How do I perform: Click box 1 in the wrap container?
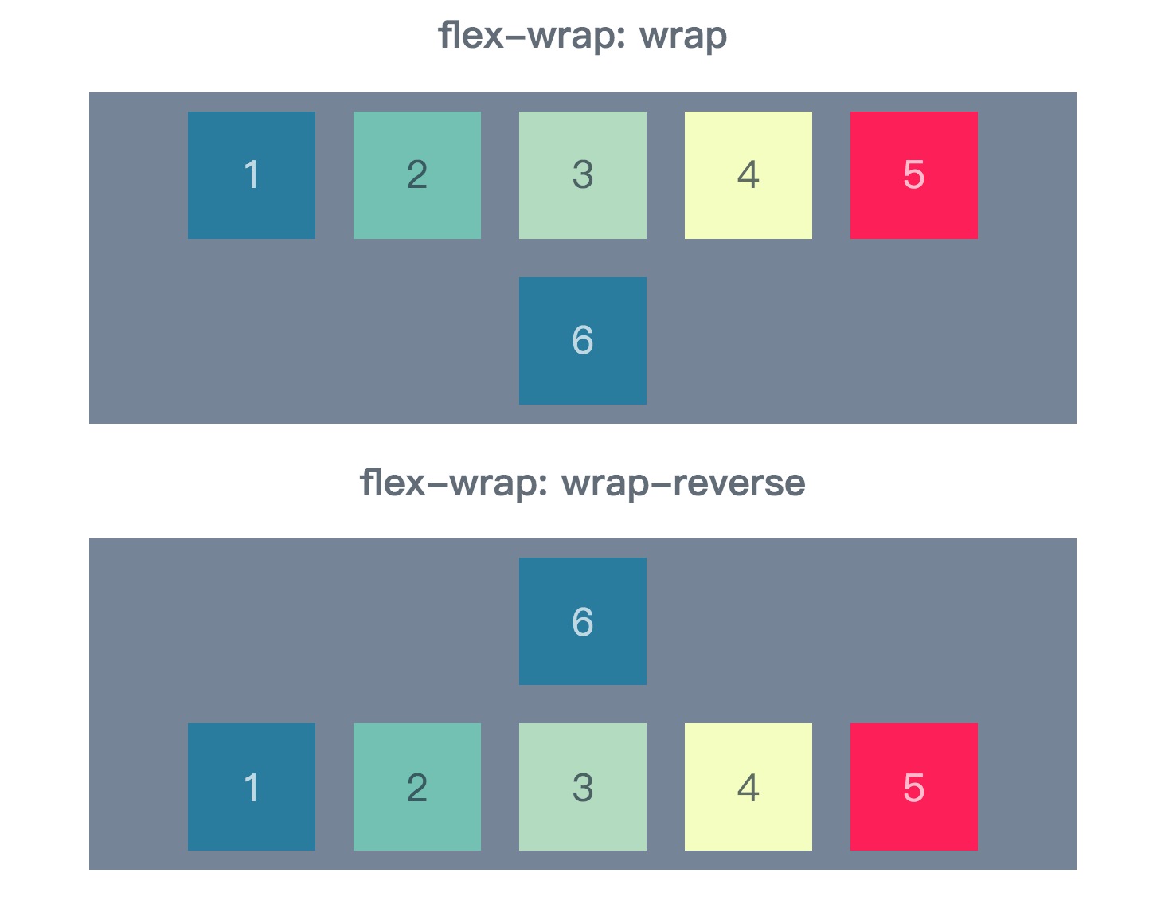coord(252,175)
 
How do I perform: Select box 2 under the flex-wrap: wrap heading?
coord(417,175)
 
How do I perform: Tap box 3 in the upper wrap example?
coord(583,175)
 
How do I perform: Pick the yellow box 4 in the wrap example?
coord(748,175)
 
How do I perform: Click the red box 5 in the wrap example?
coord(914,175)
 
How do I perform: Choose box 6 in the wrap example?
coord(583,341)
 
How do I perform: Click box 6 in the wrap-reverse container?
coord(583,621)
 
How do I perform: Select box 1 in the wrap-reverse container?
coord(252,787)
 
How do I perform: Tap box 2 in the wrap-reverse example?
coord(417,787)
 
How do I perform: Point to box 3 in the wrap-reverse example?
coord(583,787)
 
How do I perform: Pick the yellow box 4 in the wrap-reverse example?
coord(748,787)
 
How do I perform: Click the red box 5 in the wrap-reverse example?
coord(914,787)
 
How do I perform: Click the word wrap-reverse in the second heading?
coord(683,483)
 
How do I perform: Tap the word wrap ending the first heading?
coord(683,37)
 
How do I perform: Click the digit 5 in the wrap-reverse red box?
coord(914,788)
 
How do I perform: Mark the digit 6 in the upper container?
coord(583,341)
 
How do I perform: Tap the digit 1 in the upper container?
coord(252,175)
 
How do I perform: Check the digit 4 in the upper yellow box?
coord(748,175)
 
